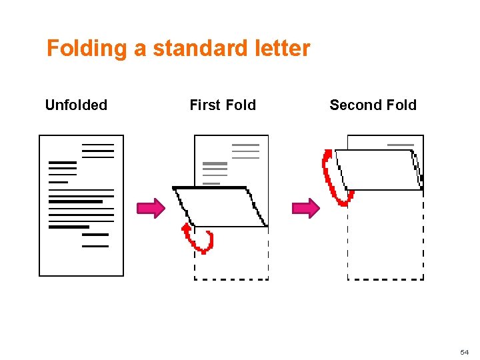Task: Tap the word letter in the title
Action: (x=283, y=49)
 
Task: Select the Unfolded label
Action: (x=76, y=105)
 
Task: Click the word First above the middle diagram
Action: (x=205, y=105)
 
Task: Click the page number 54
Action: (x=465, y=351)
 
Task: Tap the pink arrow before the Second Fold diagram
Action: (x=306, y=208)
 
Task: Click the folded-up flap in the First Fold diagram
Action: (x=220, y=207)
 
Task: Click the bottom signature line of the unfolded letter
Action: (x=95, y=246)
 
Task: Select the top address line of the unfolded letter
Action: (x=98, y=144)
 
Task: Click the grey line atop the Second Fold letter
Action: (x=401, y=145)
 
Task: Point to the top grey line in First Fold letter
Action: (x=245, y=145)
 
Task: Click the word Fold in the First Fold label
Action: (x=241, y=105)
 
